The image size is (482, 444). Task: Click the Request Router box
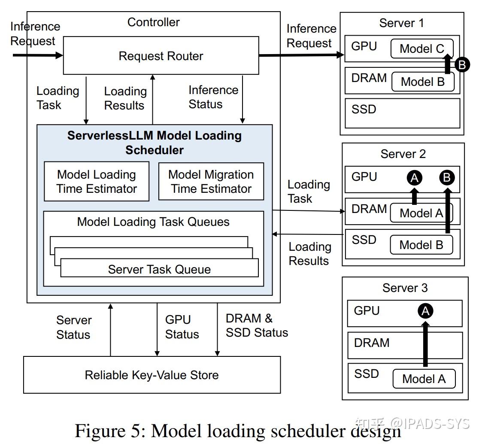161,56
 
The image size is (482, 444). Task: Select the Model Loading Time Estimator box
97,182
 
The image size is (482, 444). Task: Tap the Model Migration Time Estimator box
211,182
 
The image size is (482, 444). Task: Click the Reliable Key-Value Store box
152,375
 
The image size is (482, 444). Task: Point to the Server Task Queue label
159,269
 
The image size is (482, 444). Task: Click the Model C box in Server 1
421,49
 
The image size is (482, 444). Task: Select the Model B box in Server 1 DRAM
422,82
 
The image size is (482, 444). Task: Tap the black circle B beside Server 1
462,65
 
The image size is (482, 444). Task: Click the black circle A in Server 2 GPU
415,177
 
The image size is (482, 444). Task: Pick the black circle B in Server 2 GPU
447,177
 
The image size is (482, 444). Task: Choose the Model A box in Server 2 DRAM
421,213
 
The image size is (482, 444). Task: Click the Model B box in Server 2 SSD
421,245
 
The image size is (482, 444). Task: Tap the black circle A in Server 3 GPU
425,311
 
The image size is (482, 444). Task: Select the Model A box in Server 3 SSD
424,379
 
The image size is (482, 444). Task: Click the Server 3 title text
405,288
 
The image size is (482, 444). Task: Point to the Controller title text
153,22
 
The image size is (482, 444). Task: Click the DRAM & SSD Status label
256,325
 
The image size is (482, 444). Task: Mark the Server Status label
73,327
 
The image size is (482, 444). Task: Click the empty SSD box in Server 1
402,113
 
